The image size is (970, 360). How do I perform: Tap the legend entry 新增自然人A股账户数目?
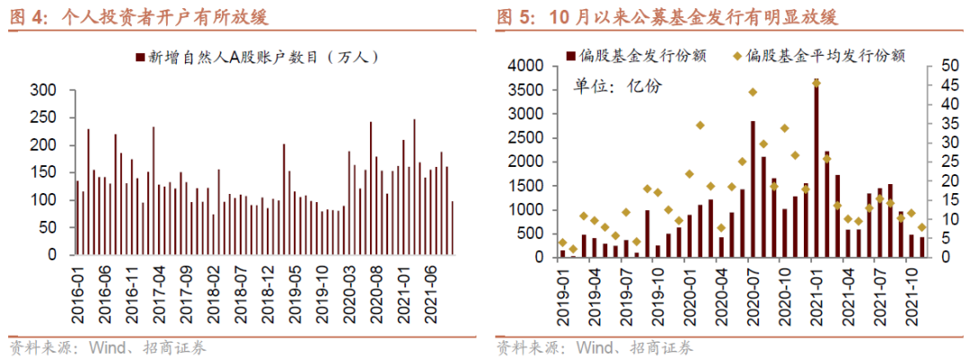pos(260,57)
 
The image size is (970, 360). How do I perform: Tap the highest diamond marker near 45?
pos(816,83)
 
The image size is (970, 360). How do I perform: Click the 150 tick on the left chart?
pos(42,172)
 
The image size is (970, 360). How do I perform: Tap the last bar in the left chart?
pos(452,228)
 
